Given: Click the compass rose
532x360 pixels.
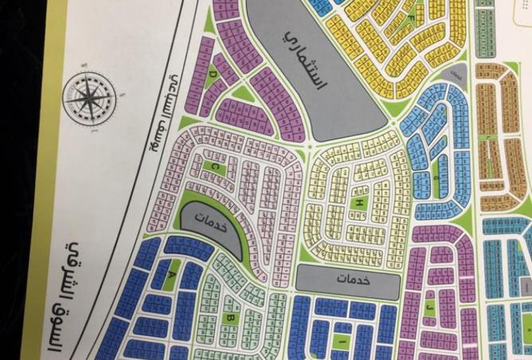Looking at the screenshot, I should coord(89,100).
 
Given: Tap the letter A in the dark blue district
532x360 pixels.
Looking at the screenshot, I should coord(171,273).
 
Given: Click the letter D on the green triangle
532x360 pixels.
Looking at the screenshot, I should coord(213,73).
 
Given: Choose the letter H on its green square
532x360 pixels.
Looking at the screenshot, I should coord(359,205).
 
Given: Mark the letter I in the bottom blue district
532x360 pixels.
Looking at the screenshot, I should coord(342,342).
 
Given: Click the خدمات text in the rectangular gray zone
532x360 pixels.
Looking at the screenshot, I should coord(347,280).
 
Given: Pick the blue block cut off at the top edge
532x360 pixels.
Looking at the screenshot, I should coord(320,6).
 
